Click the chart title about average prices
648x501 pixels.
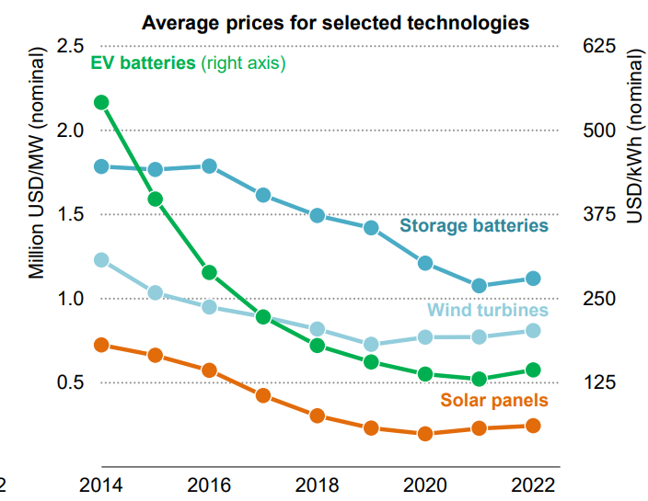click(x=336, y=22)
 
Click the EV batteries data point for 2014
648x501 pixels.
click(x=101, y=103)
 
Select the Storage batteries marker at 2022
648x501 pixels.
click(x=532, y=279)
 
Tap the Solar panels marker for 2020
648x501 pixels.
click(x=424, y=434)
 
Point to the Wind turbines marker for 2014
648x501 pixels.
click(x=101, y=260)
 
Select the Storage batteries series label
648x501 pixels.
click(x=474, y=226)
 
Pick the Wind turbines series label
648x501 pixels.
click(x=489, y=311)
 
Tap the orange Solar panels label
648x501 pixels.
click(x=494, y=400)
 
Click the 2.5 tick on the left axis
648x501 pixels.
click(x=70, y=46)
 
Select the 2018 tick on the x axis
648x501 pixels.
click(x=317, y=485)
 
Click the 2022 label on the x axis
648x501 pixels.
click(x=532, y=485)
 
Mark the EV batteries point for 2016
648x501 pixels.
click(x=209, y=272)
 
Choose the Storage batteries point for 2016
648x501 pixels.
click(x=209, y=166)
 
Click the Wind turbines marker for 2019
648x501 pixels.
click(x=371, y=345)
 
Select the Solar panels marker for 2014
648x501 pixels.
click(x=101, y=345)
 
